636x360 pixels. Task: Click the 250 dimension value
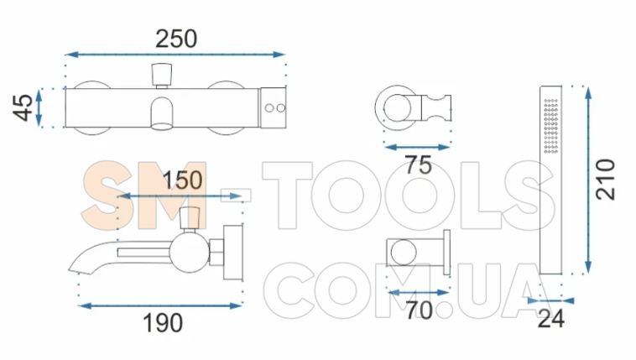tap(176, 39)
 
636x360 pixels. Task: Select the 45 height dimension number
tap(23, 107)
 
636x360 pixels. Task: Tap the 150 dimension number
tap(183, 180)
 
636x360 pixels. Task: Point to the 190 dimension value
tap(163, 323)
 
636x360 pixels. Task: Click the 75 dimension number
tap(419, 165)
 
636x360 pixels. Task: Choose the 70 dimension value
tap(420, 310)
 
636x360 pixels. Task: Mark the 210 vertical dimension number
tap(605, 180)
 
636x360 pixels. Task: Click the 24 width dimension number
tap(550, 319)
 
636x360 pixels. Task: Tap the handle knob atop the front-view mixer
tap(162, 76)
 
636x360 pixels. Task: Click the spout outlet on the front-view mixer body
tap(162, 113)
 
